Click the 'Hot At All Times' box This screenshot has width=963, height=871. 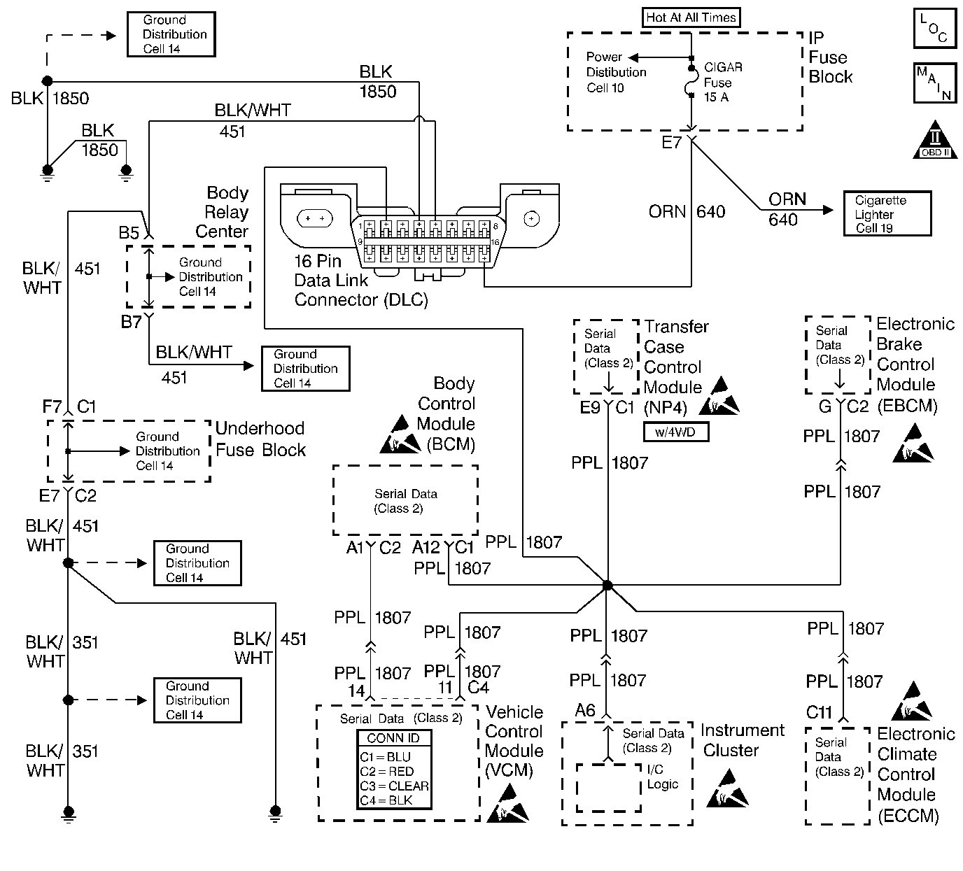[691, 17]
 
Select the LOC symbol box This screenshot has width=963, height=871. [934, 29]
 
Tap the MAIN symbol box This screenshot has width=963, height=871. [934, 83]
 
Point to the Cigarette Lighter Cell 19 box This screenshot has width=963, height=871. [887, 213]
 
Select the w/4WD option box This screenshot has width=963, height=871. [676, 432]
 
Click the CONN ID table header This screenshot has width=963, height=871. [394, 738]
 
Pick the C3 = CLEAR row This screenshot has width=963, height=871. [394, 786]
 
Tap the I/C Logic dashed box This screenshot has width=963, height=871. [608, 787]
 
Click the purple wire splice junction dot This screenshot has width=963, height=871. [607, 585]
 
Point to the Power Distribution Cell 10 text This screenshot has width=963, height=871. [615, 72]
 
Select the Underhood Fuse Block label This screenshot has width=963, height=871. [260, 439]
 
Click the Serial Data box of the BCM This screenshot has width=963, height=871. [405, 501]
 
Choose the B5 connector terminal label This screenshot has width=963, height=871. [129, 232]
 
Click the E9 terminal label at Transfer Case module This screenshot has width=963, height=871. [589, 407]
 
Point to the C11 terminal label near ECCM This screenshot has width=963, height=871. [818, 712]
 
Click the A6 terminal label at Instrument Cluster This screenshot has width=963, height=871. [585, 711]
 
